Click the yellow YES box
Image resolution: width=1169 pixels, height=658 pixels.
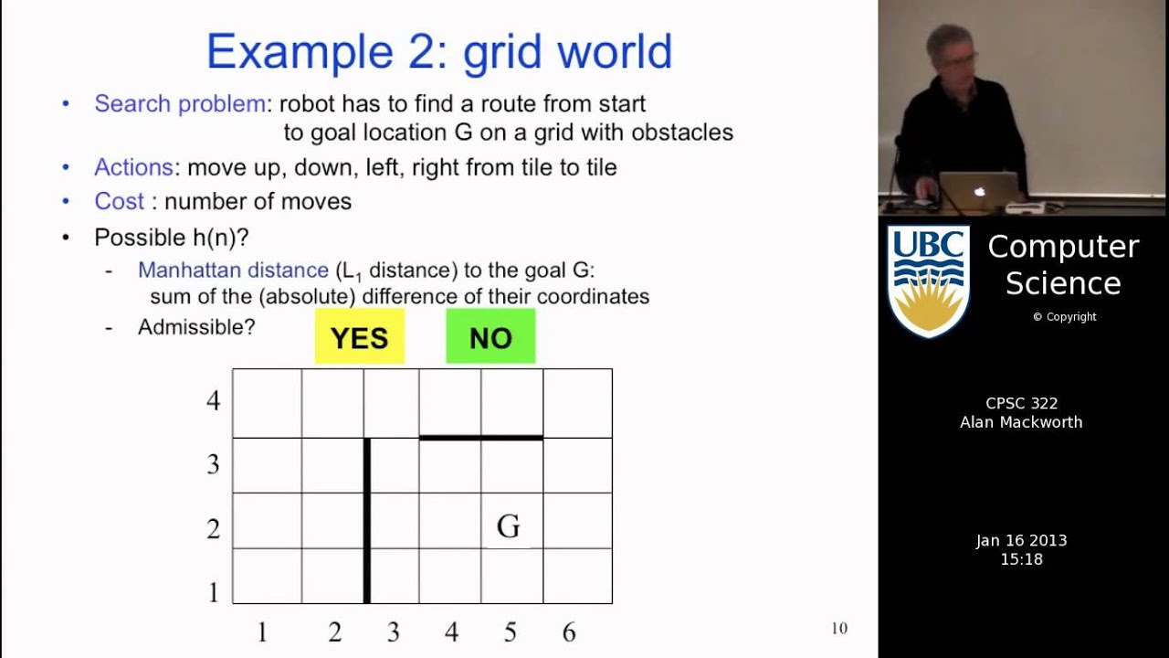[x=359, y=337]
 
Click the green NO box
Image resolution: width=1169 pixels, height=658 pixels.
[x=490, y=337]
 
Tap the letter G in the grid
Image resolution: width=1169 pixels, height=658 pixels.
[x=509, y=526]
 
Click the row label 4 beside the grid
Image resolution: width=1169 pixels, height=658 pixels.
[x=213, y=400]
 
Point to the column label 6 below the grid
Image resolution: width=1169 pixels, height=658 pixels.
[x=569, y=632]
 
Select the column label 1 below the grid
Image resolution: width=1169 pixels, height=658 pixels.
[x=262, y=632]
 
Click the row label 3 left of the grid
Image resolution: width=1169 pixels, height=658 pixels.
[x=213, y=464]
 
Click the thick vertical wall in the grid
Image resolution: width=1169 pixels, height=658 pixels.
[x=367, y=521]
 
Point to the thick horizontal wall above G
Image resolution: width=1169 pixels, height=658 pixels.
[x=481, y=438]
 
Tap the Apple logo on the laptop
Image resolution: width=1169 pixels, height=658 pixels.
[x=980, y=192]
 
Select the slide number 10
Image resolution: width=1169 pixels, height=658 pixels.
[x=838, y=628]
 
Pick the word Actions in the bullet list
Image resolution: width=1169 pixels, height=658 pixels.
[x=133, y=167]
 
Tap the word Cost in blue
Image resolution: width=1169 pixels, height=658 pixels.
[x=119, y=201]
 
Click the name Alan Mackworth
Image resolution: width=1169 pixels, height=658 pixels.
[x=1021, y=422]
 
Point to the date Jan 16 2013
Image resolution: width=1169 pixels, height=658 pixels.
[x=1021, y=540]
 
